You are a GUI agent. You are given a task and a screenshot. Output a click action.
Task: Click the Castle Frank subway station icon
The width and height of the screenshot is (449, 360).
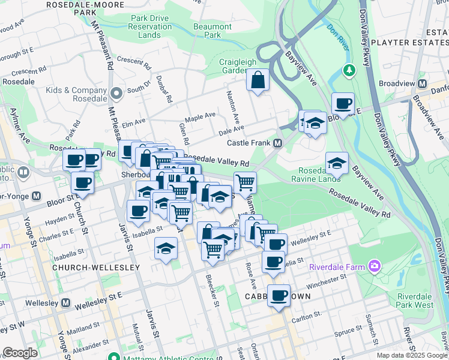point(278,143)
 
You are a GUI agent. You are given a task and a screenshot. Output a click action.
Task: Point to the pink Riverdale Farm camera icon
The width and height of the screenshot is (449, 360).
point(375,265)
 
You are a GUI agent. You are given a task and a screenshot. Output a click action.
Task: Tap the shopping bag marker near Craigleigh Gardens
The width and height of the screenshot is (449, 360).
point(258,80)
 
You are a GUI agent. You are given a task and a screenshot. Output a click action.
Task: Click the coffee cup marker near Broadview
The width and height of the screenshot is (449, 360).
point(343,103)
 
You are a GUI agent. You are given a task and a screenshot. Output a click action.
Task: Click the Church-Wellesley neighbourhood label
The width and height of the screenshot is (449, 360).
point(96,267)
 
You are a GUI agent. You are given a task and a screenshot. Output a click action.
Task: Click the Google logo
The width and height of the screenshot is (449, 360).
point(20,353)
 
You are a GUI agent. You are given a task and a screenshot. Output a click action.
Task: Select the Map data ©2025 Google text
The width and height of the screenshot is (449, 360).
point(412,355)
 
